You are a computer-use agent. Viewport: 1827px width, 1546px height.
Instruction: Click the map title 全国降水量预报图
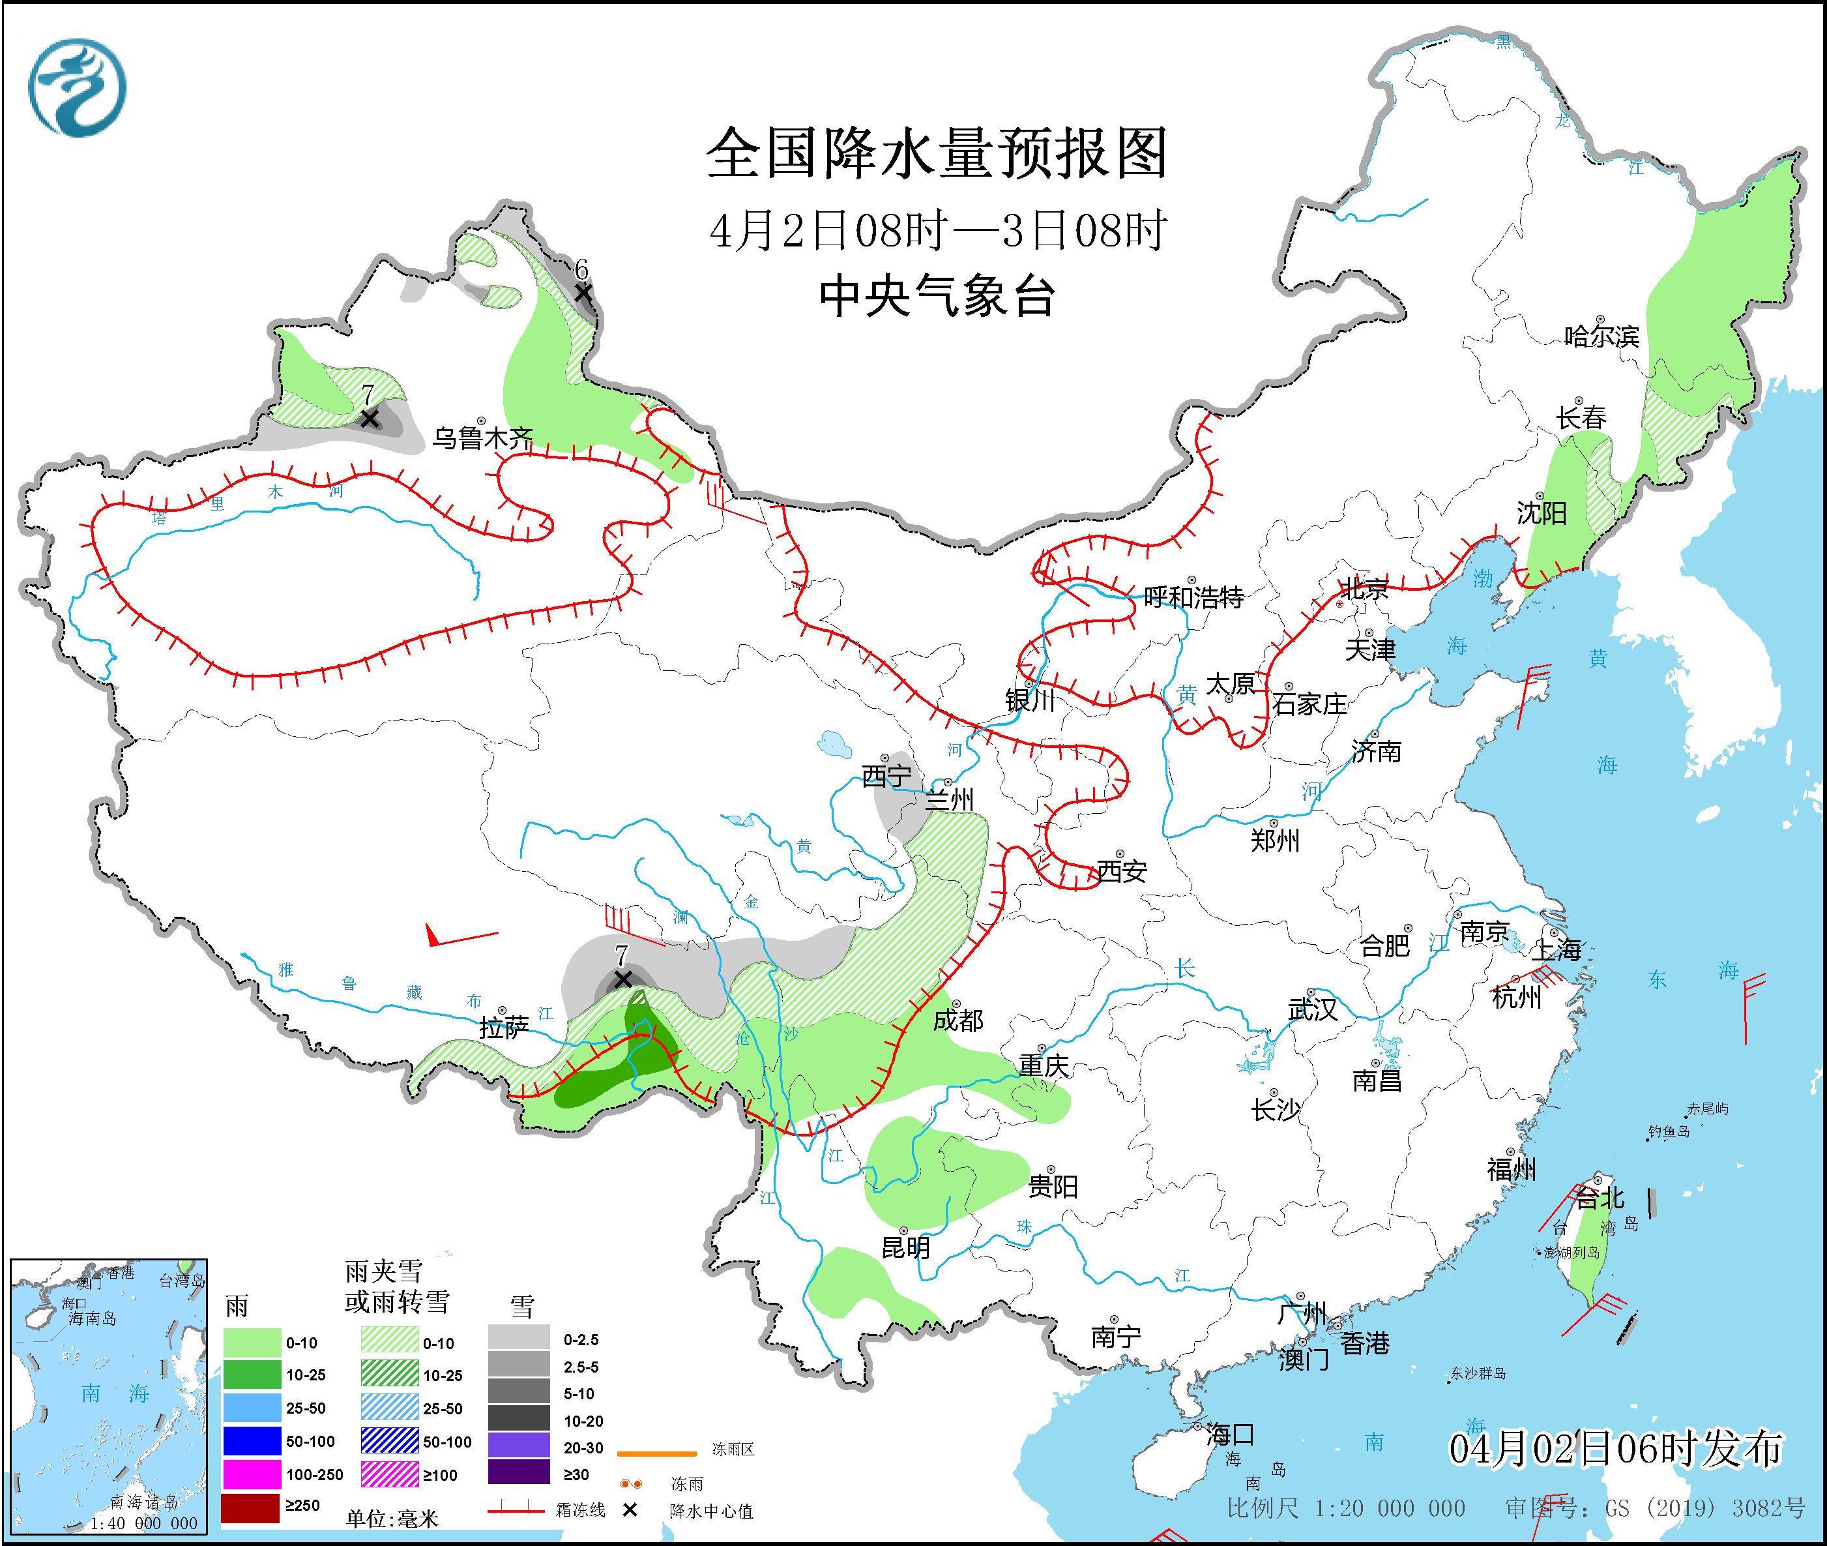(937, 153)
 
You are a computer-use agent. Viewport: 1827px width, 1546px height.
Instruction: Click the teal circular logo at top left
(77, 87)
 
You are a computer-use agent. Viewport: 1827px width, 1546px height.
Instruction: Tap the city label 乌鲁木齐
(483, 438)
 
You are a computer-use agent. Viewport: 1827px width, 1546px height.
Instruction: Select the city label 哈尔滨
(1601, 336)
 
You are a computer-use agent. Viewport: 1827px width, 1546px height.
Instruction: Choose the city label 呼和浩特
(1193, 598)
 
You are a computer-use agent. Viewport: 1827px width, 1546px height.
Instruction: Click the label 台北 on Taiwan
(1600, 1197)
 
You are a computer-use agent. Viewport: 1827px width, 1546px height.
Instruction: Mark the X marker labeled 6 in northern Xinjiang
(583, 293)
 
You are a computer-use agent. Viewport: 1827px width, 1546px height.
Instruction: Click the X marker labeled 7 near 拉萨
(622, 978)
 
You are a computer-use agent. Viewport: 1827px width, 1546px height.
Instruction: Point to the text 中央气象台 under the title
(937, 296)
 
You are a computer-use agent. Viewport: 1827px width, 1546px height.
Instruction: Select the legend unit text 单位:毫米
(392, 1518)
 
